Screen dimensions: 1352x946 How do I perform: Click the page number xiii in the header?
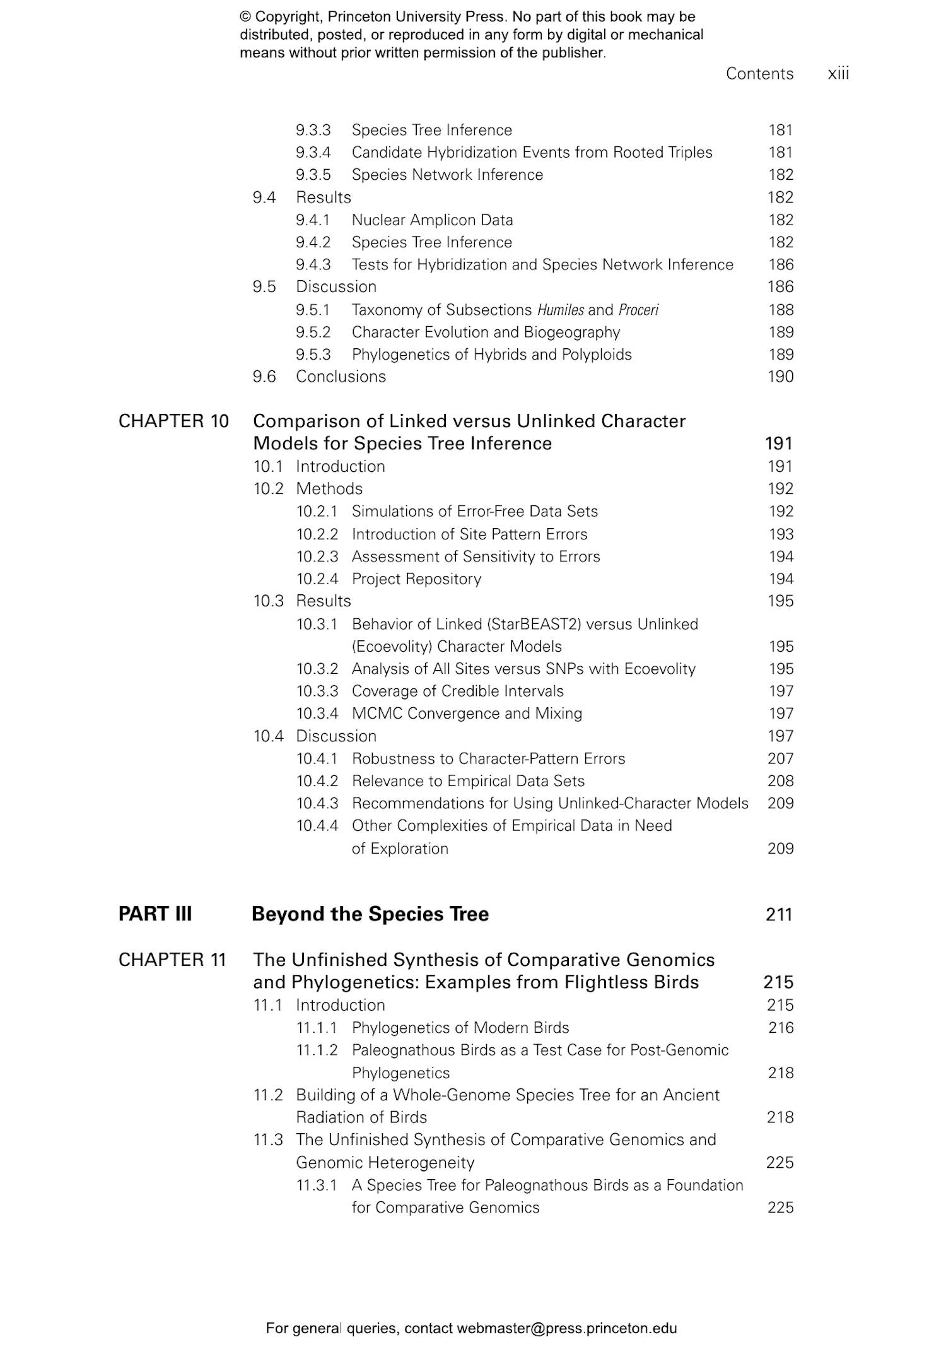click(x=838, y=74)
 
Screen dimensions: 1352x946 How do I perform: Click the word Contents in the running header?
click(x=759, y=74)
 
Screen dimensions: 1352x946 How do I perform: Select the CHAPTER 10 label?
click(x=173, y=421)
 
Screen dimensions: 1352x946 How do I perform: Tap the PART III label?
click(x=155, y=914)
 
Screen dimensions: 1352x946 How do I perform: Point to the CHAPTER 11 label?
click(x=172, y=960)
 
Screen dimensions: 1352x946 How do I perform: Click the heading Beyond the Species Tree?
click(x=370, y=914)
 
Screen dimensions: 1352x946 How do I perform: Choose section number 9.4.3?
click(x=313, y=264)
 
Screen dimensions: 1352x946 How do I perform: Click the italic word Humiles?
click(x=560, y=310)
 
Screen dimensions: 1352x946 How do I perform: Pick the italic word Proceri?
click(x=638, y=310)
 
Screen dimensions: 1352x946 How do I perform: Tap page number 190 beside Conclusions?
click(x=780, y=377)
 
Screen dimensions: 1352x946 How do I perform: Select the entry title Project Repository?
click(x=416, y=579)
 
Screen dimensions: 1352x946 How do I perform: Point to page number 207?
click(x=780, y=758)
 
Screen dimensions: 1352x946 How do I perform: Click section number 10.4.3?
click(x=317, y=803)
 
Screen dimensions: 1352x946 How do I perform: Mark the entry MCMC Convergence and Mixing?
click(x=467, y=714)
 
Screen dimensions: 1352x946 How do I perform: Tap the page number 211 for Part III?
click(x=779, y=914)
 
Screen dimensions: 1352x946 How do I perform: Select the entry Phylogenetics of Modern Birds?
click(x=460, y=1028)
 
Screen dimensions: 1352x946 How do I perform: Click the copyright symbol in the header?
click(x=245, y=17)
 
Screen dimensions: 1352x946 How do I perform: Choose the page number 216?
click(x=780, y=1028)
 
